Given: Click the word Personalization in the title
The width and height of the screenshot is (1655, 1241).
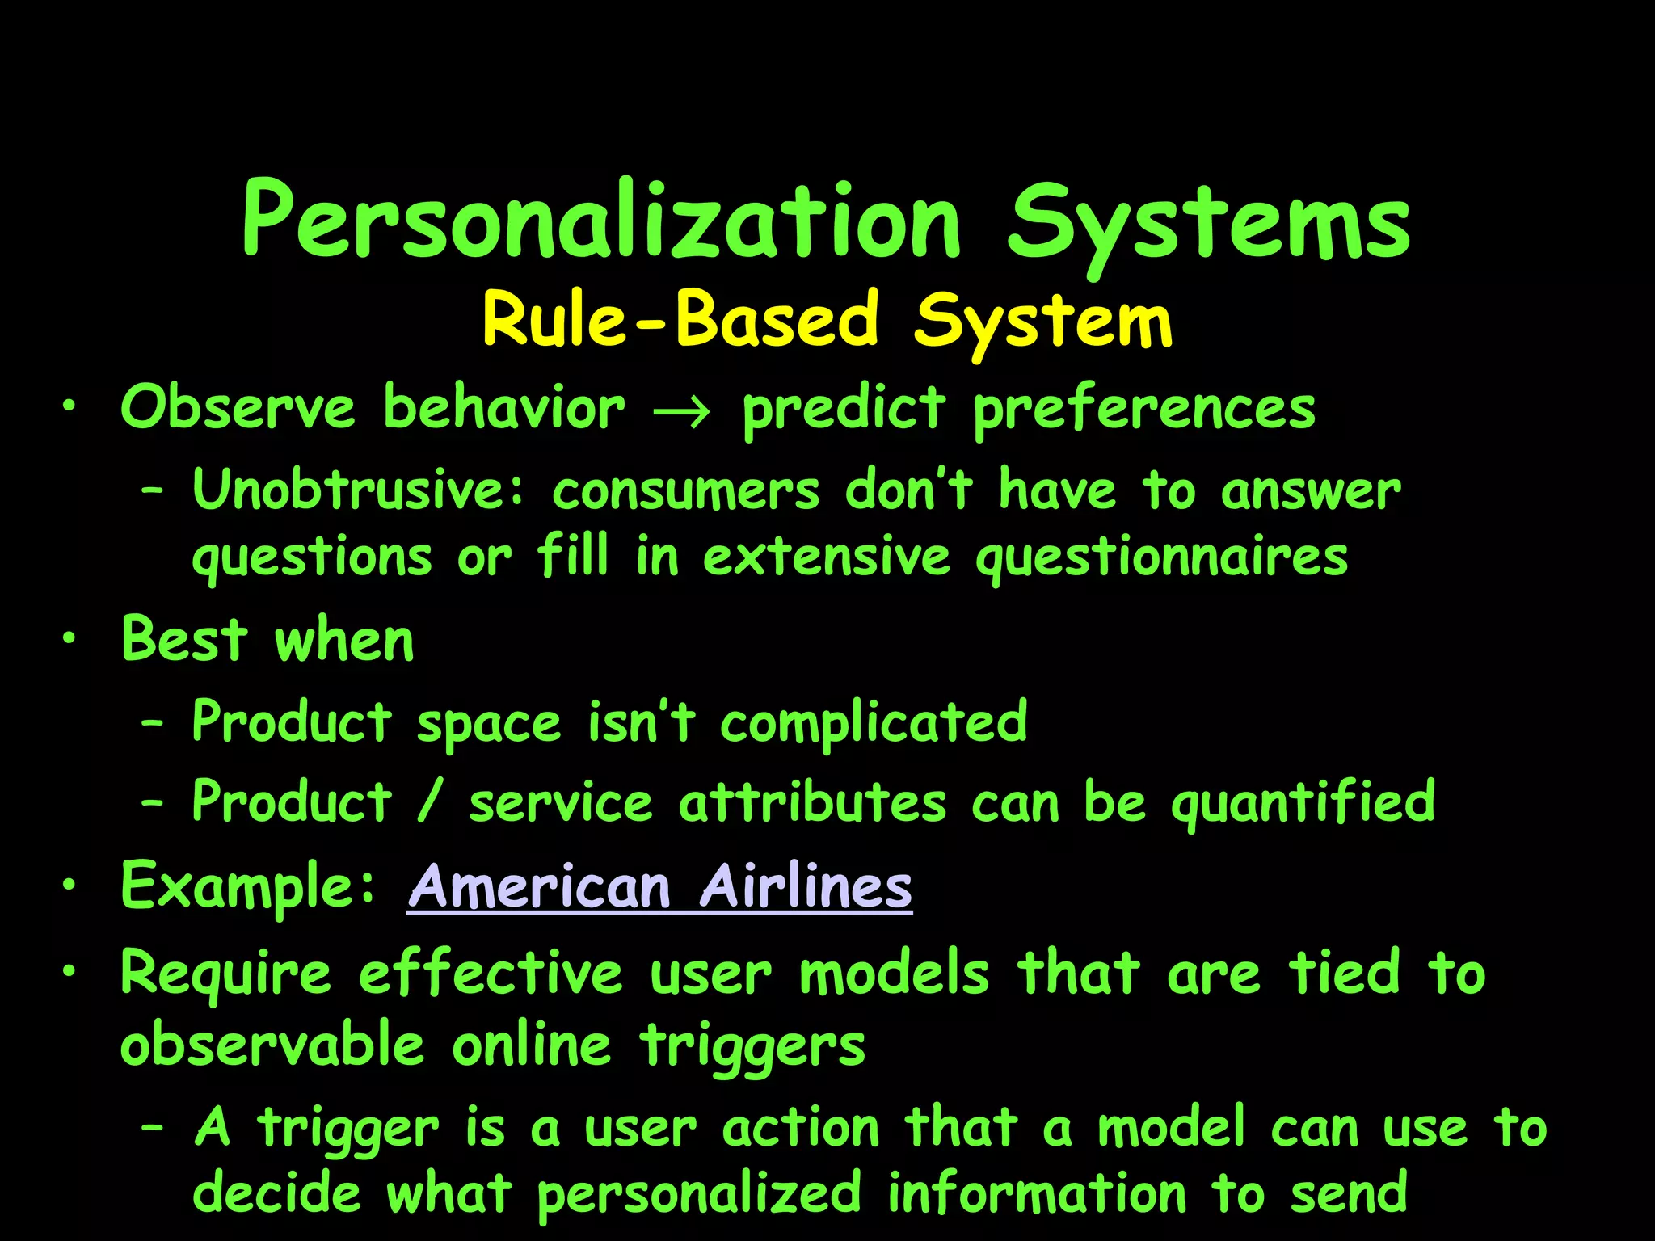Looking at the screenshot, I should (x=602, y=222).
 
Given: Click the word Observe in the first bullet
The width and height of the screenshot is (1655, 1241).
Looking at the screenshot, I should (x=238, y=408).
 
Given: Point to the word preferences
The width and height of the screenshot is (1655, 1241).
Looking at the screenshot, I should (x=1143, y=410).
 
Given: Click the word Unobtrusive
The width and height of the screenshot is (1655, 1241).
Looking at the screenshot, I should (x=359, y=490).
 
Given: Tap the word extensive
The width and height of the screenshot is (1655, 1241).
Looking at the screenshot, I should (x=826, y=557).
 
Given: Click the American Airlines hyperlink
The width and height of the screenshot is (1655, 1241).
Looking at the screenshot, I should (x=660, y=887).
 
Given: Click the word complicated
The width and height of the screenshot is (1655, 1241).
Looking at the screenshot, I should (x=874, y=722).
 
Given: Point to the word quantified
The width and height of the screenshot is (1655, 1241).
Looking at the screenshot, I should (x=1303, y=803).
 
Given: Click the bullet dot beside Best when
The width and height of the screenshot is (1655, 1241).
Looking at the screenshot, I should (x=70, y=639).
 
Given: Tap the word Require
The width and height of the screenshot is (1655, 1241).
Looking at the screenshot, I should (x=226, y=974).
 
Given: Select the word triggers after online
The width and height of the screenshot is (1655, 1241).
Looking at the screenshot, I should (x=752, y=1046).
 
